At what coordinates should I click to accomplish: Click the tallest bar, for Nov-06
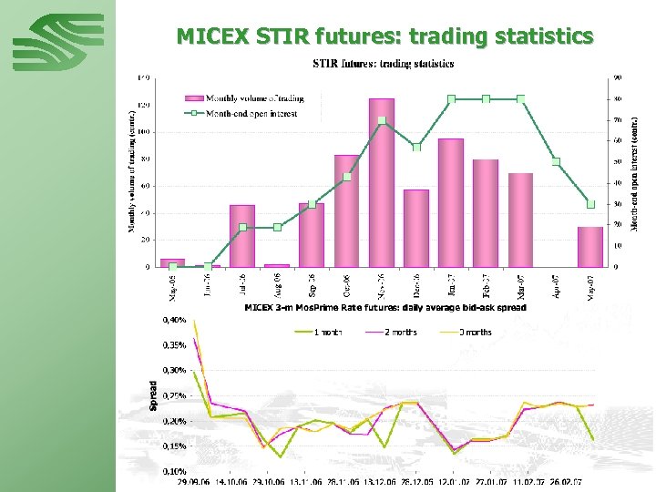click(x=382, y=182)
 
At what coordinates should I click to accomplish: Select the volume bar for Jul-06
click(x=241, y=236)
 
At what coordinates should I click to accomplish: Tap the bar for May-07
click(x=590, y=247)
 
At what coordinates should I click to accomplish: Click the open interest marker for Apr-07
click(x=556, y=162)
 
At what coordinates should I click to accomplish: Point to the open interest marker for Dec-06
click(x=416, y=147)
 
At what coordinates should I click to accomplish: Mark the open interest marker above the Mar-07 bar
click(x=521, y=98)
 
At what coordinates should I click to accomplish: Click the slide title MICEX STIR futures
click(x=384, y=36)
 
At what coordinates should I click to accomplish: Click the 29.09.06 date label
click(x=194, y=483)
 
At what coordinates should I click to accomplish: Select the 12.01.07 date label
click(x=455, y=483)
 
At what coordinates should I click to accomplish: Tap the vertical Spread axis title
click(x=153, y=395)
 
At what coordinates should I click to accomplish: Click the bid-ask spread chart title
click(x=385, y=308)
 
